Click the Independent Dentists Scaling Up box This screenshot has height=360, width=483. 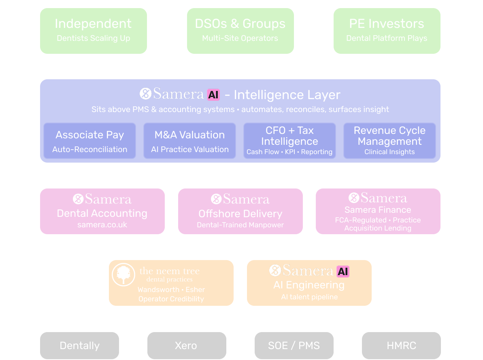click(x=93, y=31)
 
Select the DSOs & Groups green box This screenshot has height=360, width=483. click(x=240, y=31)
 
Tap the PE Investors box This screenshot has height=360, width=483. click(x=387, y=31)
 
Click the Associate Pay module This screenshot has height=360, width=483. click(x=89, y=140)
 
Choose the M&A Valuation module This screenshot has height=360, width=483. click(x=189, y=140)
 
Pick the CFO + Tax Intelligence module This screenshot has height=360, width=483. click(x=289, y=140)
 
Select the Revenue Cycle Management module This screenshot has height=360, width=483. click(x=389, y=140)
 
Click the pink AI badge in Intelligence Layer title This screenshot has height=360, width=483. click(x=213, y=95)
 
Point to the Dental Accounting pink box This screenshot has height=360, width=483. click(x=102, y=211)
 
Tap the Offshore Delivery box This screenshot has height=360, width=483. click(x=240, y=211)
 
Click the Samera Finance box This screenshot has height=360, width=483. click(x=378, y=211)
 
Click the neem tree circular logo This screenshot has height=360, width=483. click(x=123, y=275)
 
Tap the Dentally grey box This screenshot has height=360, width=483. click(x=79, y=346)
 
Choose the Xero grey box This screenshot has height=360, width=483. click(x=186, y=346)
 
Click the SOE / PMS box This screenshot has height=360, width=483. click(x=294, y=346)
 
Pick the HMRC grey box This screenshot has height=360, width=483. click(x=401, y=346)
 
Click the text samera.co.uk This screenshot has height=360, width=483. click(x=102, y=225)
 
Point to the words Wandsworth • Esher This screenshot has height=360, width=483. click(x=171, y=290)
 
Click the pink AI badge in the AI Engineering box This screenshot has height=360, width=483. click(x=343, y=271)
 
